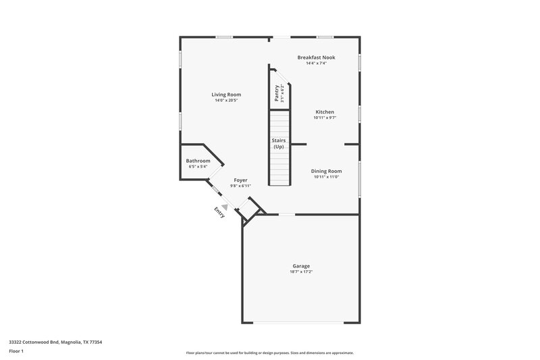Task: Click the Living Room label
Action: click(226, 95)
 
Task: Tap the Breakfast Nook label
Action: click(316, 57)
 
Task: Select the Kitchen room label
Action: click(324, 112)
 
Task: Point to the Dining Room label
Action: click(326, 171)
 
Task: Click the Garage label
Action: click(301, 266)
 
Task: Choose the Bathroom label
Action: click(198, 161)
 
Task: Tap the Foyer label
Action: click(240, 180)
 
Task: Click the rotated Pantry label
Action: click(277, 93)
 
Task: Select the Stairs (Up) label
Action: click(278, 143)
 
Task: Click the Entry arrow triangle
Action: click(224, 199)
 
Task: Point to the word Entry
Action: click(219, 211)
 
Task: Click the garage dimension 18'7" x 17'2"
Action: click(301, 272)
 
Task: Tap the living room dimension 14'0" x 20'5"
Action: click(226, 101)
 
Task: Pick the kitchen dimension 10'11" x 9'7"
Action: click(324, 118)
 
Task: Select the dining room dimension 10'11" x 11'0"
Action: click(326, 177)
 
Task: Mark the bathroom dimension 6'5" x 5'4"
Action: click(198, 167)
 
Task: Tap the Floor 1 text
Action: click(16, 351)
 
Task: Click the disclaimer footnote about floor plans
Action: click(269, 353)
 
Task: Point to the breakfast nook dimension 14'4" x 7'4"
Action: click(316, 63)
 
